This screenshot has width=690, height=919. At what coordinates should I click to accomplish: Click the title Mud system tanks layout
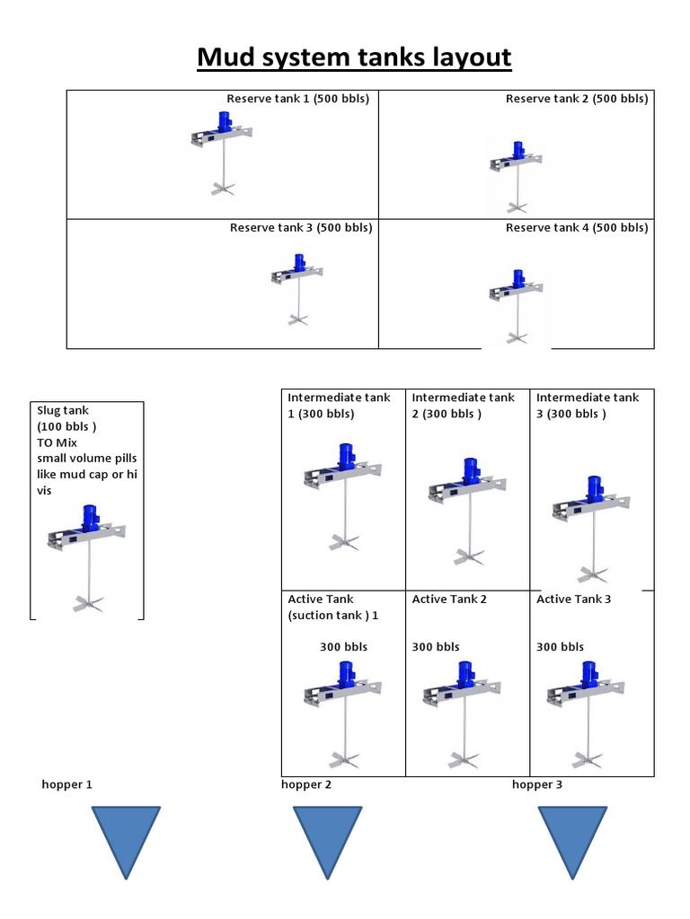[354, 57]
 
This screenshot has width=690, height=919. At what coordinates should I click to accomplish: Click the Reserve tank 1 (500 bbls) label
[297, 99]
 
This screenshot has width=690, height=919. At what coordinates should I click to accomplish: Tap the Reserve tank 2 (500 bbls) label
[576, 99]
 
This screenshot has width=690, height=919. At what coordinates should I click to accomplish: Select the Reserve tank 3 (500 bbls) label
[300, 227]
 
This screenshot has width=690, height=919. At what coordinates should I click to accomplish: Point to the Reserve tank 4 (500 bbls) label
[576, 227]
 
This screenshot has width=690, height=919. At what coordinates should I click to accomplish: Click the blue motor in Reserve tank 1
[224, 123]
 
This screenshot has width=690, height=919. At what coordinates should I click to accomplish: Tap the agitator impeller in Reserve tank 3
[297, 318]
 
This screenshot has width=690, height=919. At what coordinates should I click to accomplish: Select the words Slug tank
[63, 410]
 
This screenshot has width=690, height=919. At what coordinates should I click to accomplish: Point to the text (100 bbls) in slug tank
[66, 426]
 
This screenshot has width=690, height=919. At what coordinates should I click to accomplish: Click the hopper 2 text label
[306, 784]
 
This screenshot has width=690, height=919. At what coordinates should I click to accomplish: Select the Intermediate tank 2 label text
[463, 405]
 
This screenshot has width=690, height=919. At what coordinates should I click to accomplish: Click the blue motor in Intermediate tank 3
[593, 488]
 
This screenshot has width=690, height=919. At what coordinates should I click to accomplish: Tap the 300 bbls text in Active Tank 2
[436, 646]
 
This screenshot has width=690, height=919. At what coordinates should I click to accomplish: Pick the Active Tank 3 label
[573, 599]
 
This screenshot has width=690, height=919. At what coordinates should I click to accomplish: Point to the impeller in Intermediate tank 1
[344, 542]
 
